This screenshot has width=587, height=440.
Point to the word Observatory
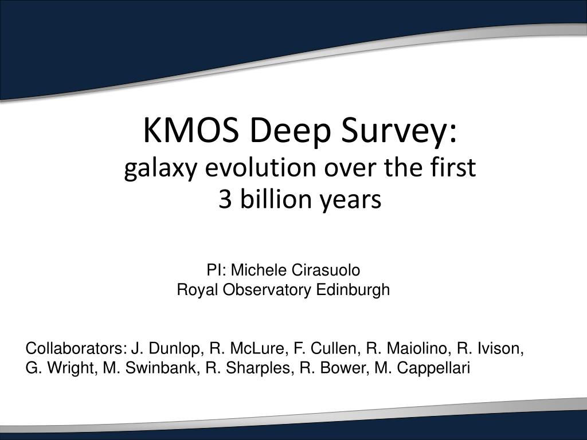tap(268, 290)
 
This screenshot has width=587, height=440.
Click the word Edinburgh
tap(353, 290)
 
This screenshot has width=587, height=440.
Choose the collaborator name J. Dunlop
tap(166, 348)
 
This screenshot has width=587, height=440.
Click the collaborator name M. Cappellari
tap(422, 368)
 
